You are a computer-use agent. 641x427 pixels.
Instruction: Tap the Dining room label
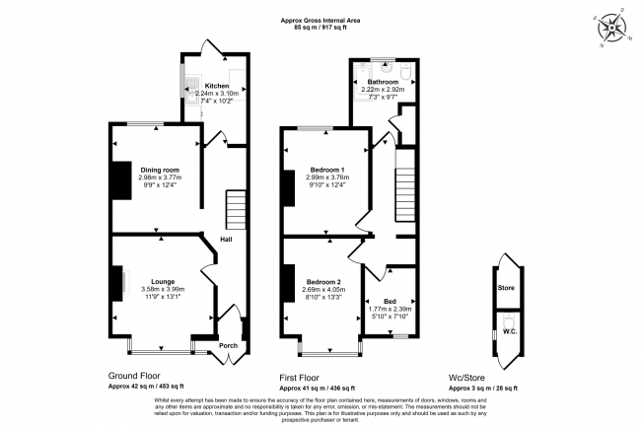click(x=159, y=170)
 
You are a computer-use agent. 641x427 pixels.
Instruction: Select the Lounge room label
click(x=163, y=280)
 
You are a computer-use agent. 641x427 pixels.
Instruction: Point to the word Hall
click(x=226, y=239)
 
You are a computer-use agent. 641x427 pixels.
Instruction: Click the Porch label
click(x=228, y=345)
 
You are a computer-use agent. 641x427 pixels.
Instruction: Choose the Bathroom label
click(x=383, y=81)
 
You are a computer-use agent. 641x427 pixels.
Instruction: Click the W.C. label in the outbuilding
click(x=510, y=331)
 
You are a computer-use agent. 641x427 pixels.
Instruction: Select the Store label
click(x=506, y=288)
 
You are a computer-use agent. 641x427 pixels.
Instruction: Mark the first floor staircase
click(x=405, y=195)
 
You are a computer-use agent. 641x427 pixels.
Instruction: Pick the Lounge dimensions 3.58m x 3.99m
click(x=163, y=289)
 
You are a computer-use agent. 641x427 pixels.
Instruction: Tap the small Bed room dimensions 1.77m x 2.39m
click(x=392, y=309)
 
